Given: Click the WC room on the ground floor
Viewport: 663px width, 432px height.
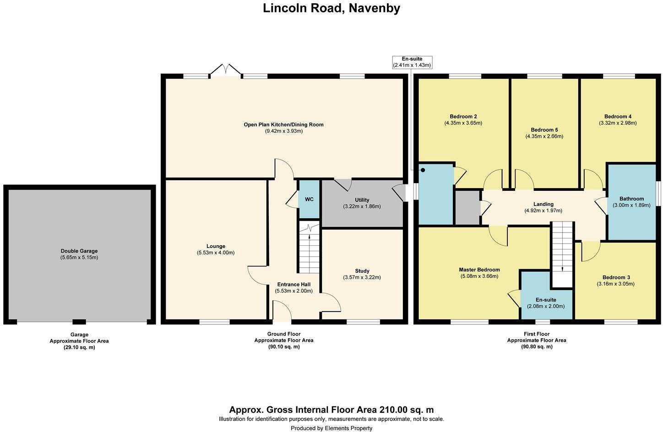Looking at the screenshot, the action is click(x=309, y=199).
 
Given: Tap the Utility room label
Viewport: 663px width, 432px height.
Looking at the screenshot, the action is click(x=362, y=200).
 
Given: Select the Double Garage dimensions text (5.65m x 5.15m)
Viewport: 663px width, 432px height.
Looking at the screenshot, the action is click(x=79, y=258).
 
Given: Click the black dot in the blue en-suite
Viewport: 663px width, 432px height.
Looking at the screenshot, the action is click(x=423, y=170).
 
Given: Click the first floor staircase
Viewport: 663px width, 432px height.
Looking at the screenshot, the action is click(x=562, y=254).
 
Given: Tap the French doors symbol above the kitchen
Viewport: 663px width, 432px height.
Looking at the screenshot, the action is click(x=226, y=70).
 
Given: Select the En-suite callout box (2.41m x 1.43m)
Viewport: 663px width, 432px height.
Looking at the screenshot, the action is click(x=412, y=62).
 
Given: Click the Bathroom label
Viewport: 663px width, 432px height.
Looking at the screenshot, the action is click(x=631, y=199).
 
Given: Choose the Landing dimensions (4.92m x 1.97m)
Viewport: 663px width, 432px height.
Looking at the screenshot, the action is click(x=543, y=211).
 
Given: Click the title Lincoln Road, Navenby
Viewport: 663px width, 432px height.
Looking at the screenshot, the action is click(x=331, y=8).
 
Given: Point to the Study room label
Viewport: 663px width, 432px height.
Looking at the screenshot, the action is click(x=362, y=271).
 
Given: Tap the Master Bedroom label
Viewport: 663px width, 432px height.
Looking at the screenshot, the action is click(x=479, y=270).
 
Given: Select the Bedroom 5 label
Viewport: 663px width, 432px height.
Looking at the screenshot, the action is click(x=544, y=130).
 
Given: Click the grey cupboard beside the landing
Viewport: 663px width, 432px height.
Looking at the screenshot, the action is click(x=467, y=208).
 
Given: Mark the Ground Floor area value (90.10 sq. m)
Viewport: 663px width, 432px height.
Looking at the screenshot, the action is click(x=284, y=346).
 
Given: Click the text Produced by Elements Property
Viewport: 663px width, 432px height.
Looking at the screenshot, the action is click(x=331, y=428).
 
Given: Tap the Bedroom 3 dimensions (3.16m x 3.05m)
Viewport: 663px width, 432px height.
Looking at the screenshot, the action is click(x=616, y=284).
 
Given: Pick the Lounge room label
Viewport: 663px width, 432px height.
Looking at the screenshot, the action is click(x=216, y=246).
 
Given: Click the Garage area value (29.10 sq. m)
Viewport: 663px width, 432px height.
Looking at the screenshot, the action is click(x=79, y=347).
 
